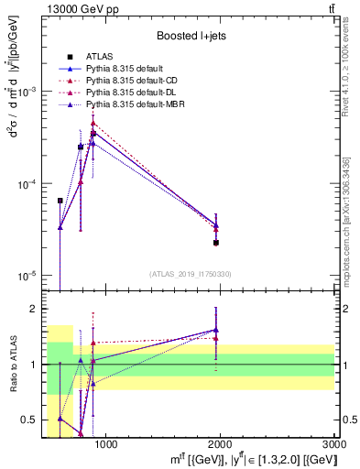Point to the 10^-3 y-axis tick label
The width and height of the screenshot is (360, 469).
(27, 93)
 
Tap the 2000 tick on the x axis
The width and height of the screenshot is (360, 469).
(220, 444)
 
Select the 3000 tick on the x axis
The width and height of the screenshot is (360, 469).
(333, 444)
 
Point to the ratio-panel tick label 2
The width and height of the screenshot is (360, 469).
(34, 309)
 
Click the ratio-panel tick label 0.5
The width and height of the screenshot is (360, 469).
(31, 420)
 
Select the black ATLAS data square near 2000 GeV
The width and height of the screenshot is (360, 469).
(216, 243)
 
